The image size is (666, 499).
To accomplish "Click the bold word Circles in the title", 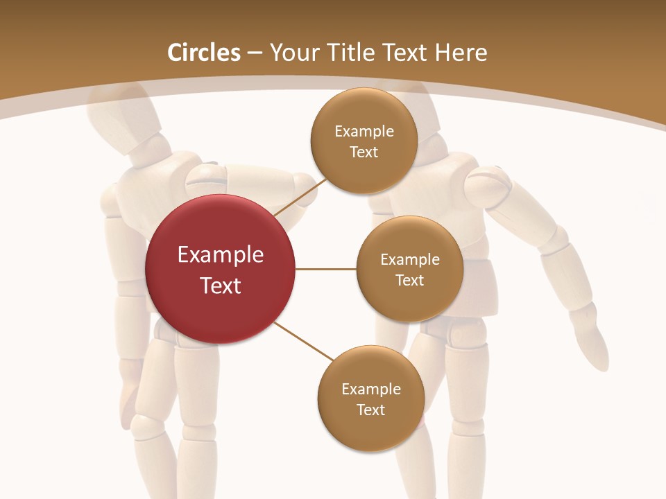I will [204, 53].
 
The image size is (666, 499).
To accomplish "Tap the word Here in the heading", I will [461, 53].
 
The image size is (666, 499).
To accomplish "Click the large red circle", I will [220, 270].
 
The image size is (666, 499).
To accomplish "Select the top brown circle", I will [364, 141].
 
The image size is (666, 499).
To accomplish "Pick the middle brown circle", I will [409, 269].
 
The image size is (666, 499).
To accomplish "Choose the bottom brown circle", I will [370, 399].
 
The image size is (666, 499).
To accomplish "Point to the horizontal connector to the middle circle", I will [325, 269].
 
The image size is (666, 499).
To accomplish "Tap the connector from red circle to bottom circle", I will [304, 342].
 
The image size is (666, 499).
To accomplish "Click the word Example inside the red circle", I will [221, 255].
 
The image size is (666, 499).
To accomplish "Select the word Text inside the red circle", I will [221, 285].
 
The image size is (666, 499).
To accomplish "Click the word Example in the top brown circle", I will [364, 132].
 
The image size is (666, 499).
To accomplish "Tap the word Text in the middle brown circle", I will [409, 280].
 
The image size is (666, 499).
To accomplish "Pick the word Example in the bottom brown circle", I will [371, 389].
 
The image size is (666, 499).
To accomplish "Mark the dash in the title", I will [255, 53].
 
